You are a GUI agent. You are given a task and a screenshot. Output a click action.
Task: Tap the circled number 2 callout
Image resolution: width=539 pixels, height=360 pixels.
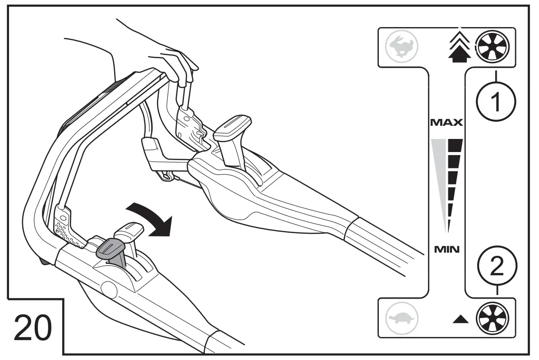pyautogui.click(x=496, y=268)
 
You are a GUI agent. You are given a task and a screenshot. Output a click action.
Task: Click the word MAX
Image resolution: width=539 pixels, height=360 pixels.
pyautogui.click(x=446, y=122)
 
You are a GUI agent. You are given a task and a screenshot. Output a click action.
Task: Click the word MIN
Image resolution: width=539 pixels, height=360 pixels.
pyautogui.click(x=446, y=249)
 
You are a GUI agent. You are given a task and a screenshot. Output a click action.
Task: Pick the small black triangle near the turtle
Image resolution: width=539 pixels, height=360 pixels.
pyautogui.click(x=461, y=319)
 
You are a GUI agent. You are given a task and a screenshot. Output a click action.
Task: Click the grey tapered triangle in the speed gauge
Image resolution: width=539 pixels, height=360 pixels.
pyautogui.click(x=440, y=176)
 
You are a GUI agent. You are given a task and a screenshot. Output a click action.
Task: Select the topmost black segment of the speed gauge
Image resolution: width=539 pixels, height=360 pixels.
pyautogui.click(x=456, y=144)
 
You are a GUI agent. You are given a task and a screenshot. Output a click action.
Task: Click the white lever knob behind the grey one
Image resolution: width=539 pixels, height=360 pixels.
pyautogui.click(x=129, y=228)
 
